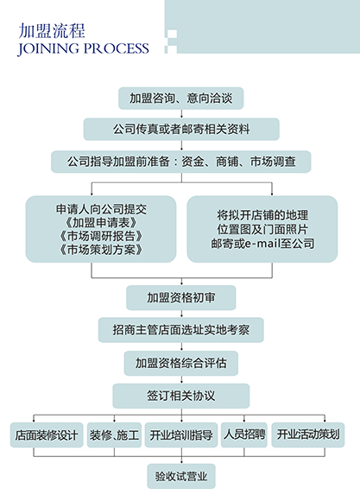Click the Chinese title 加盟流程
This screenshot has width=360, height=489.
pyautogui.click(x=52, y=30)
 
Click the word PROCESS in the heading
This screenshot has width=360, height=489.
pyautogui.click(x=117, y=48)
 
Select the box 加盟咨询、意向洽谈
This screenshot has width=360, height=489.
pyautogui.click(x=180, y=98)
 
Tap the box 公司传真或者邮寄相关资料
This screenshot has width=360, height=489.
pyautogui.click(x=181, y=129)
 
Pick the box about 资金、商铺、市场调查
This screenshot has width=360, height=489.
pyautogui.click(x=181, y=162)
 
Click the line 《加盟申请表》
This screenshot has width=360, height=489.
pyautogui.click(x=101, y=223)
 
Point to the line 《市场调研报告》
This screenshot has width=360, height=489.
pyautogui.click(x=101, y=236)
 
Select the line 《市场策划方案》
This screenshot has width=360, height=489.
pyautogui.click(x=101, y=250)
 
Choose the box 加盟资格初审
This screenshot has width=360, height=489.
pyautogui.click(x=181, y=297)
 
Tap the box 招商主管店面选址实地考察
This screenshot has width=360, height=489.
pyautogui.click(x=181, y=330)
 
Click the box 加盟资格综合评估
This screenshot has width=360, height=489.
pyautogui.click(x=181, y=363)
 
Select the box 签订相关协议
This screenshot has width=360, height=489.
pyautogui.click(x=181, y=396)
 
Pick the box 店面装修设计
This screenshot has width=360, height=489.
pyautogui.click(x=47, y=435)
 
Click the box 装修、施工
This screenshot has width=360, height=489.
pyautogui.click(x=114, y=435)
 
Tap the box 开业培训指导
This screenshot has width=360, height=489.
pyautogui.click(x=181, y=435)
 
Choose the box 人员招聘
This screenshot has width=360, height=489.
pyautogui.click(x=244, y=435)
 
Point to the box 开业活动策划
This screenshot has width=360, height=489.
pyautogui.click(x=308, y=435)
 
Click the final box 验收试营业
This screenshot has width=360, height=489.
pyautogui.click(x=181, y=476)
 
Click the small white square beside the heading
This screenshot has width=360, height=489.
pyautogui.click(x=173, y=34)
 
